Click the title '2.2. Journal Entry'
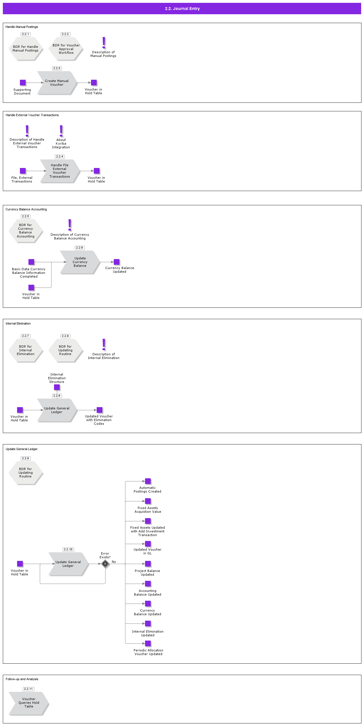[182, 9]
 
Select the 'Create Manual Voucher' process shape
[57, 83]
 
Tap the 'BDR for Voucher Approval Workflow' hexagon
[66, 49]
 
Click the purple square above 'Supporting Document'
[23, 83]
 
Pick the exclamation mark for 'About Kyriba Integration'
[61, 131]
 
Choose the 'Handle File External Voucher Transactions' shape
[60, 171]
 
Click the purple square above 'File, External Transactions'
[23, 171]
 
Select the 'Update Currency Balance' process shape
[80, 262]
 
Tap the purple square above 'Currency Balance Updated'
[117, 262]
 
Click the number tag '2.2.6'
[80, 248]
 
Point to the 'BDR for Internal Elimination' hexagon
[26, 350]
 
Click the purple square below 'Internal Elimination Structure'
[57, 387]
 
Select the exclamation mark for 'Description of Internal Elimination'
[104, 344]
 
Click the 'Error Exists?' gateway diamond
[105, 564]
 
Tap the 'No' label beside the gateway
[114, 562]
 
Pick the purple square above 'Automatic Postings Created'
[148, 481]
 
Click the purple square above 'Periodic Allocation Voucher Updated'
[148, 643]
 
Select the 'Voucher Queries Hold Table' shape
[29, 703]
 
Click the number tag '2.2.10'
[68, 549]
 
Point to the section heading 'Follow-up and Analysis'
[22, 679]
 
